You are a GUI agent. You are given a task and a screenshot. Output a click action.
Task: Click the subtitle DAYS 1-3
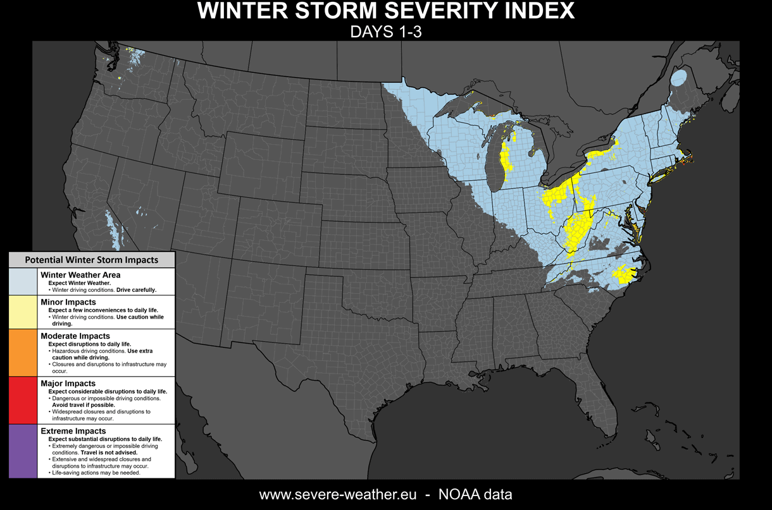click(385, 32)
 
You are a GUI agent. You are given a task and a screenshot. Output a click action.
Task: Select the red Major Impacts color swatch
click(23, 400)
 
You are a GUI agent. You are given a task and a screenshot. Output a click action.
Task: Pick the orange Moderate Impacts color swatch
click(23, 353)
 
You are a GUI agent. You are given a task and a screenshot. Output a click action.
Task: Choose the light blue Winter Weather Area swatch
click(23, 281)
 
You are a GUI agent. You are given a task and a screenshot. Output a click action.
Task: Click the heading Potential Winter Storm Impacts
click(92, 260)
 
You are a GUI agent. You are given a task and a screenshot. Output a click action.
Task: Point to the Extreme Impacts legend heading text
click(73, 431)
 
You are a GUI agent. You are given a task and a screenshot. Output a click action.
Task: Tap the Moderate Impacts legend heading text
click(75, 336)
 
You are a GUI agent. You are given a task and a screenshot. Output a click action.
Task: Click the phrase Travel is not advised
click(109, 452)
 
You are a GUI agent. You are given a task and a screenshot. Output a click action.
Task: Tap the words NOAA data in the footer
click(475, 494)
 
